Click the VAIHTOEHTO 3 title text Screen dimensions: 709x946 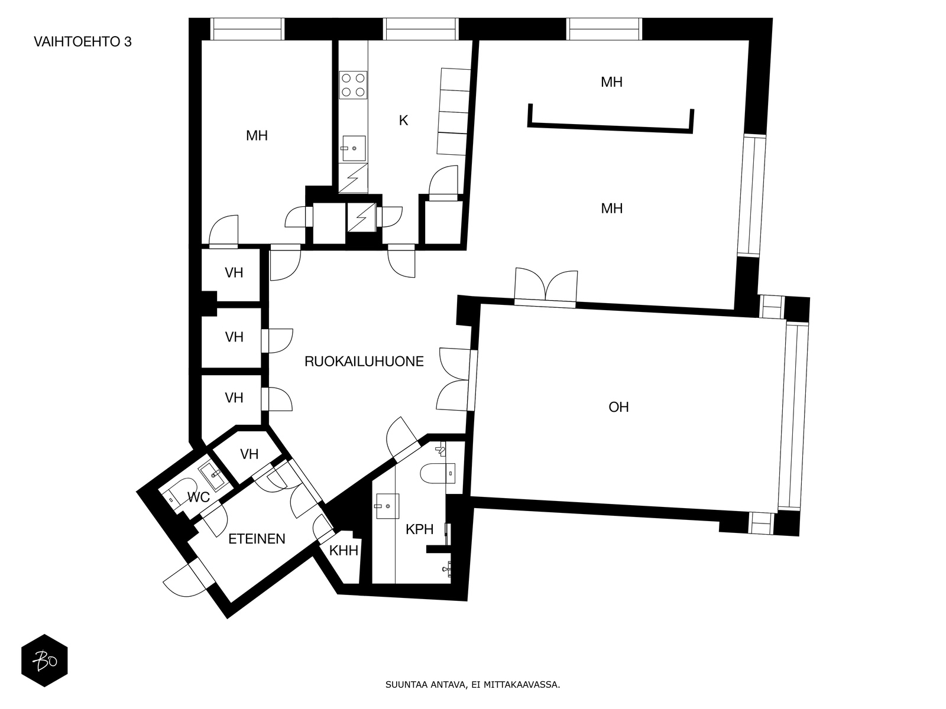(x=83, y=42)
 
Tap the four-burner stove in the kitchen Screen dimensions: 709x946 (x=353, y=84)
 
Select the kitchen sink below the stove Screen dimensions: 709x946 (x=354, y=148)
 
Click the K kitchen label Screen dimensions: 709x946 (x=403, y=121)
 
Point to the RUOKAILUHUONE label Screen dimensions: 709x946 (x=364, y=362)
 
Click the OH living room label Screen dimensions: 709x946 (x=618, y=407)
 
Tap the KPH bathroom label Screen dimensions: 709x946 (x=419, y=529)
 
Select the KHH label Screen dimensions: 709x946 (x=344, y=551)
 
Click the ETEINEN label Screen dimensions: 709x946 (x=257, y=539)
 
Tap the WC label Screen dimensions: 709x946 (x=198, y=497)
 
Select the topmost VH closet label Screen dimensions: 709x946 (x=234, y=273)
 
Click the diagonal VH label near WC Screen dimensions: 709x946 (x=250, y=454)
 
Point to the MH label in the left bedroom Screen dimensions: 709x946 (x=257, y=136)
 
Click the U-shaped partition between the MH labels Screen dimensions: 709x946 (x=611, y=125)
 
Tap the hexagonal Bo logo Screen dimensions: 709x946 (x=44, y=661)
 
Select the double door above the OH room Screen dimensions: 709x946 (x=545, y=286)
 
